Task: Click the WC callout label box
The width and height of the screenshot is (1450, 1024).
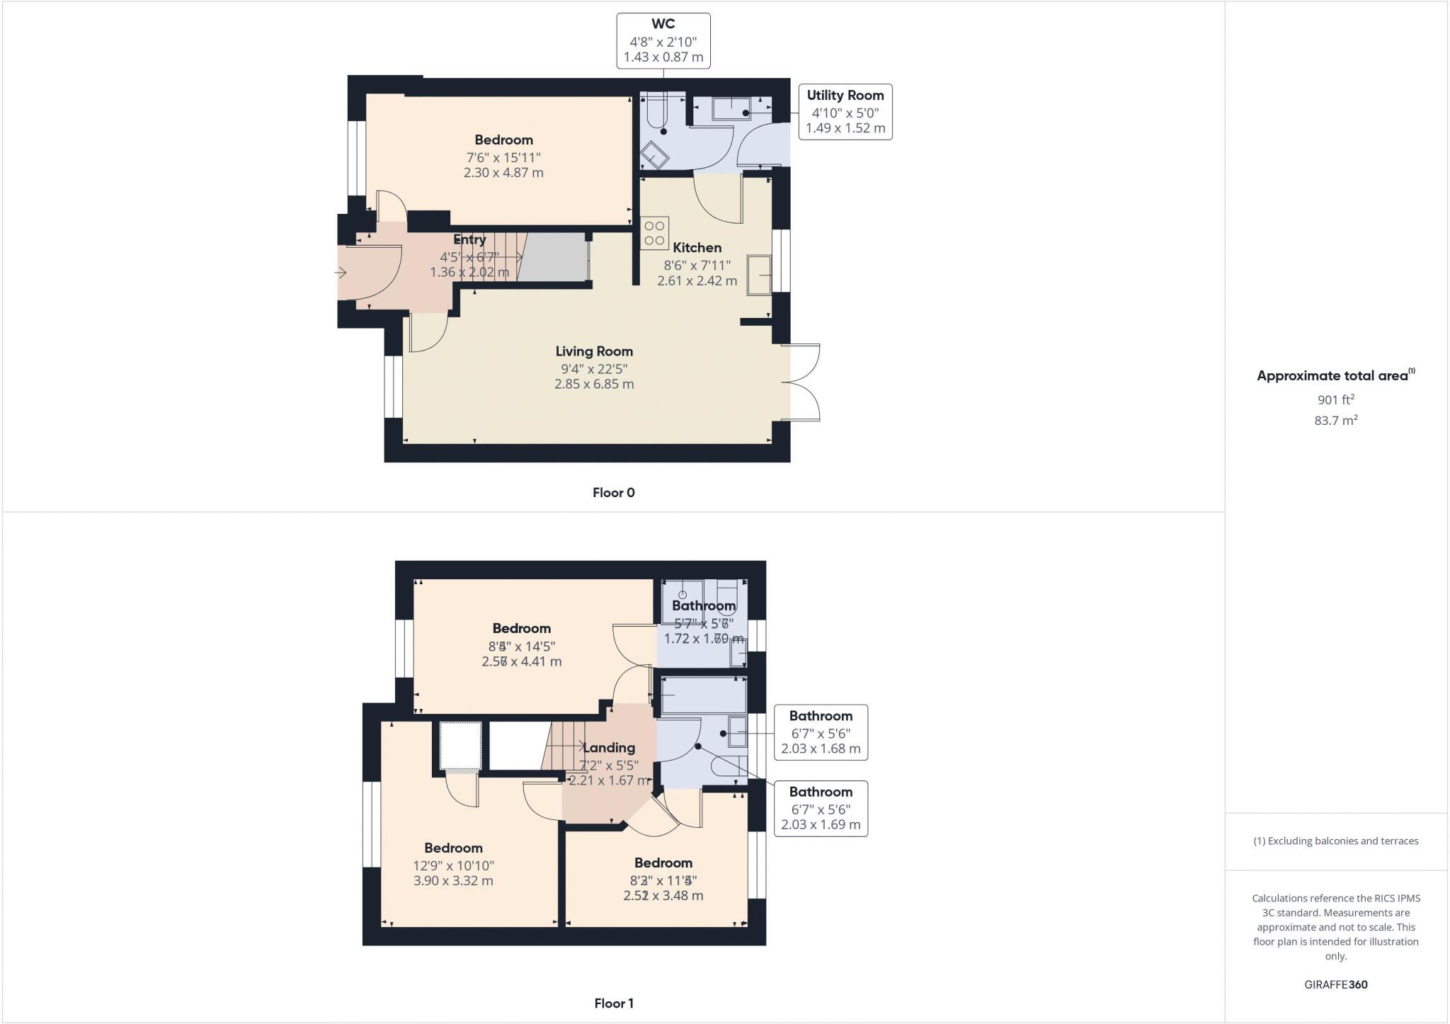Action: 663,41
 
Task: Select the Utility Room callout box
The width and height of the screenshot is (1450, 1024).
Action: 845,112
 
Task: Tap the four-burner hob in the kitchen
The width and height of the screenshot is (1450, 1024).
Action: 654,233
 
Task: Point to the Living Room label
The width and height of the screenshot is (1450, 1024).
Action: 593,351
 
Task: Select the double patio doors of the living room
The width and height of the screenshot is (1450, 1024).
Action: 802,383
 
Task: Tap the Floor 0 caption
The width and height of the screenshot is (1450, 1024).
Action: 613,493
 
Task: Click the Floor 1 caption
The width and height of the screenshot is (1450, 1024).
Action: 613,1003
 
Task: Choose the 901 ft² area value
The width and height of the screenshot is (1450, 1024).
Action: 1335,399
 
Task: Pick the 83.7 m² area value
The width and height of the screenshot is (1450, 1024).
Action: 1335,421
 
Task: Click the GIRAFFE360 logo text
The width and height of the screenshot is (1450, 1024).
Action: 1335,984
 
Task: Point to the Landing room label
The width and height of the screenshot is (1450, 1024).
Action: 608,748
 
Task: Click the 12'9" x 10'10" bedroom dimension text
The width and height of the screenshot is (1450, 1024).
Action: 453,865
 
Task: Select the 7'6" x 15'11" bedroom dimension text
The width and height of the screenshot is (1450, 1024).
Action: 503,157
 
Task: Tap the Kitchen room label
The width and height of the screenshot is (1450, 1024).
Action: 697,248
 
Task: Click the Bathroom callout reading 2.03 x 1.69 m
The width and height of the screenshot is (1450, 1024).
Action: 820,808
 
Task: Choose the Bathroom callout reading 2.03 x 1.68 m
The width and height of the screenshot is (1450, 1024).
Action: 820,732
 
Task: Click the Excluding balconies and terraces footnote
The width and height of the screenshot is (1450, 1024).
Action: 1335,841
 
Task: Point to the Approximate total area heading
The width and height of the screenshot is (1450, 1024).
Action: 1334,376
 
